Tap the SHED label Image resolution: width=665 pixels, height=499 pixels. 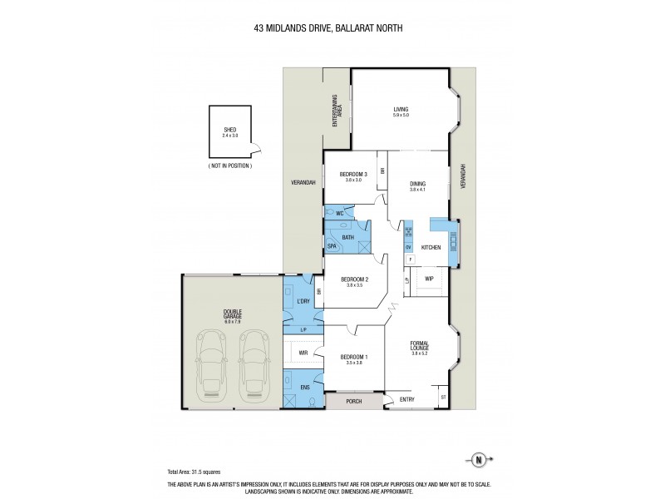pyautogui.click(x=229, y=130)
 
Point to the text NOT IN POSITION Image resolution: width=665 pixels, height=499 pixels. pyautogui.click(x=229, y=166)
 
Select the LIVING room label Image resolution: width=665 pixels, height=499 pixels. pyautogui.click(x=403, y=109)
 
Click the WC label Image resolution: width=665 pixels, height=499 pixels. pyautogui.click(x=339, y=214)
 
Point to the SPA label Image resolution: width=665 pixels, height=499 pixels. pyautogui.click(x=332, y=246)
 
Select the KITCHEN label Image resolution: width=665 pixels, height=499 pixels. pyautogui.click(x=430, y=248)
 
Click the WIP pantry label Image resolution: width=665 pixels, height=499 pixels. pyautogui.click(x=429, y=279)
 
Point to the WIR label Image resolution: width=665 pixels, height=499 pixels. pyautogui.click(x=304, y=353)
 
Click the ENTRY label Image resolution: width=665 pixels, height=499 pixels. pyautogui.click(x=407, y=399)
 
